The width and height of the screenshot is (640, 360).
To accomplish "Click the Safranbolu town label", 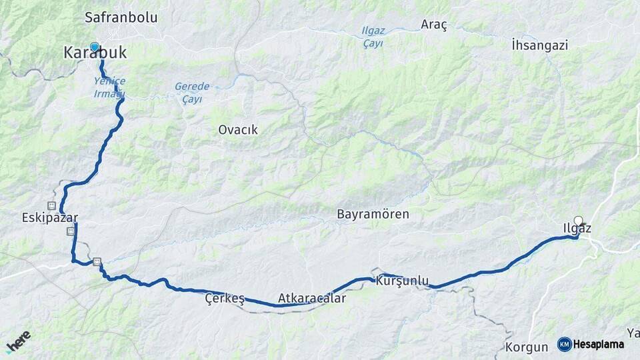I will (x=121, y=17).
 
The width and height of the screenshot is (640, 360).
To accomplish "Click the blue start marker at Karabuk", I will (x=95, y=47).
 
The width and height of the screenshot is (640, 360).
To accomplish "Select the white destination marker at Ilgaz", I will (x=578, y=220).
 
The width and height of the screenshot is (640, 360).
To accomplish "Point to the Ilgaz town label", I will (x=576, y=229).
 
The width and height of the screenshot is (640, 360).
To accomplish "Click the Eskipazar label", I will (x=50, y=218).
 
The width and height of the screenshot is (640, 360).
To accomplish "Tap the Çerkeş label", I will (x=225, y=299).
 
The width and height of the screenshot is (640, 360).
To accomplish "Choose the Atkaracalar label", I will (x=312, y=298).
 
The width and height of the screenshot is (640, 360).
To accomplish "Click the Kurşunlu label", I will (x=402, y=281).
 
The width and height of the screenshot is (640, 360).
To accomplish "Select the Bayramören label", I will (x=373, y=215).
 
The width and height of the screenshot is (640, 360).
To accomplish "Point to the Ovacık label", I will (x=238, y=130).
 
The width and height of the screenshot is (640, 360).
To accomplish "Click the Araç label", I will (x=434, y=25).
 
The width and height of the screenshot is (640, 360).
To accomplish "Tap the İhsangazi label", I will (x=539, y=45).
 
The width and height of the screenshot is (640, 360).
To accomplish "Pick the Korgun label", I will (x=526, y=347).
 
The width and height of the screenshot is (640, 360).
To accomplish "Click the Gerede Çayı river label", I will (x=192, y=92).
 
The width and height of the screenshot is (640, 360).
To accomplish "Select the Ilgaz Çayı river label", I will (x=373, y=37).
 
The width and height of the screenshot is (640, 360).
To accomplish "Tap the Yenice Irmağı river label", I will (x=109, y=87).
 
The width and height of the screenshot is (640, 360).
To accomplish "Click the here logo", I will (x=19, y=341).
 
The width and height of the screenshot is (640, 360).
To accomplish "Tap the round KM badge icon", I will (x=565, y=344).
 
